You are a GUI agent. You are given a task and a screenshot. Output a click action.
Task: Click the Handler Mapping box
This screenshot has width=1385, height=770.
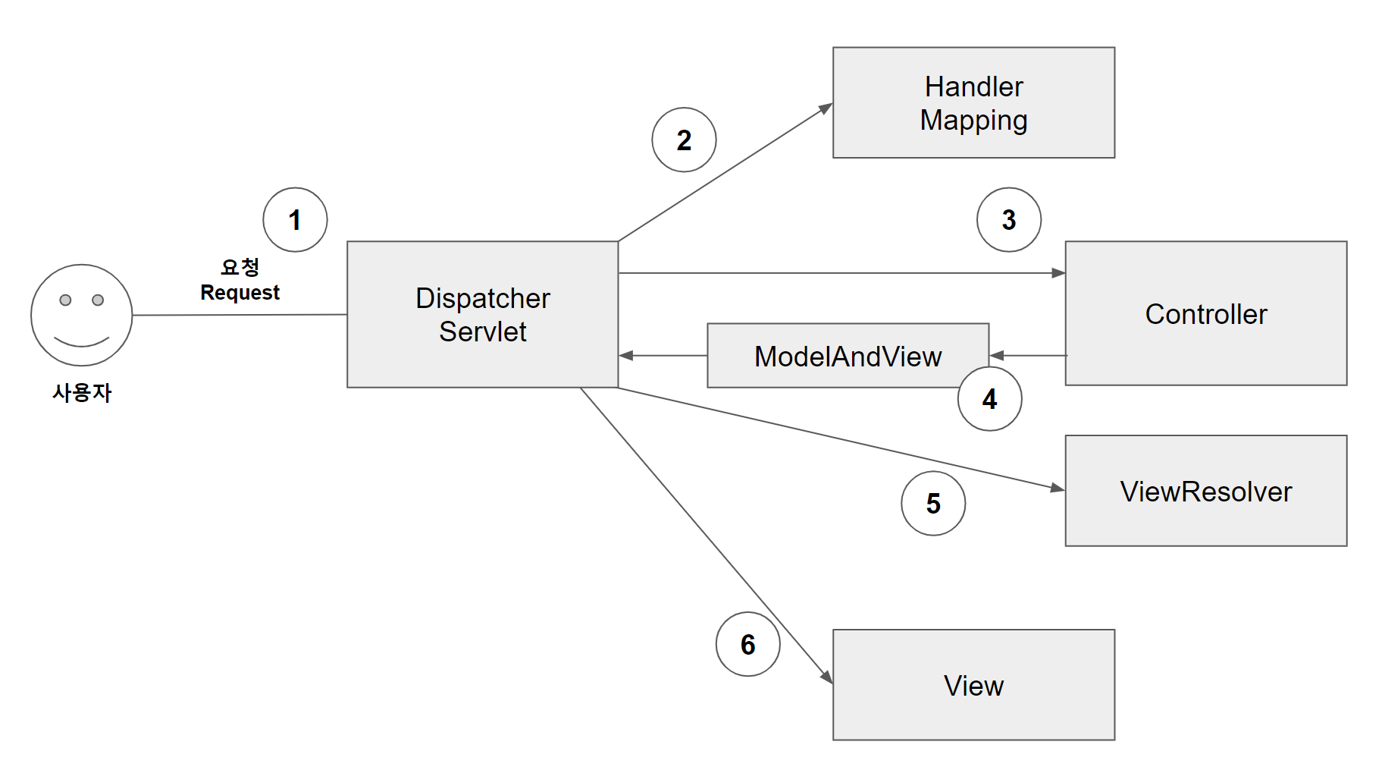tap(973, 103)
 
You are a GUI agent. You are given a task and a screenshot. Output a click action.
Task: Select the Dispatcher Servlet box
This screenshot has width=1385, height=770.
tap(482, 315)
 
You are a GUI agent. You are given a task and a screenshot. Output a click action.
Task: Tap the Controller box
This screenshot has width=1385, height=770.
tap(1205, 314)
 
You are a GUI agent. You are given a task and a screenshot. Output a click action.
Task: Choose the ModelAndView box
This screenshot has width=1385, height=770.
tap(847, 356)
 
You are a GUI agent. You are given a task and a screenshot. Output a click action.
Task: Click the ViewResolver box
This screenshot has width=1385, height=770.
tap(1205, 492)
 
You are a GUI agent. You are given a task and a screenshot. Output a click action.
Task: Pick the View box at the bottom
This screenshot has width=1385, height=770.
tap(973, 685)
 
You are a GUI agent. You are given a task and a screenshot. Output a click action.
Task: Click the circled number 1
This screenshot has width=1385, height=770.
tap(295, 220)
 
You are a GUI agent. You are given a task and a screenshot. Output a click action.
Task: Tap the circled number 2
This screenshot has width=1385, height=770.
tap(684, 140)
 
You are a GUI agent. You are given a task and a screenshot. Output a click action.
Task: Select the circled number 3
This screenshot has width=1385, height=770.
tap(1008, 220)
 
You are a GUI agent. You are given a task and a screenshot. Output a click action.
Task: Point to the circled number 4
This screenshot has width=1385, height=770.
tap(989, 399)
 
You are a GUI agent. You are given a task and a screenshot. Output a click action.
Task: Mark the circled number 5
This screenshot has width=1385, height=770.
tap(933, 504)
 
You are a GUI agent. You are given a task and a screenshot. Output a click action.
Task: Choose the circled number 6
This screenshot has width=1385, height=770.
tap(747, 645)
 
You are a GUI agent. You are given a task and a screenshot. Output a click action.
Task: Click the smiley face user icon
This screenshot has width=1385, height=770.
tap(82, 316)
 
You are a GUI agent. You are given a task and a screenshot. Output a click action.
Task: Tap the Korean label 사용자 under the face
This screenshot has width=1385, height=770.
tap(82, 393)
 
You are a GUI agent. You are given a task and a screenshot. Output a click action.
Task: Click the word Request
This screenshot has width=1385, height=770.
tap(240, 293)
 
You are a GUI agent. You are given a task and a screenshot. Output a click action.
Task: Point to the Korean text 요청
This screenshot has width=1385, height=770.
tap(240, 267)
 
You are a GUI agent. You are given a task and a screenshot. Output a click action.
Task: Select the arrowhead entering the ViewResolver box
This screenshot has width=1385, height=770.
tap(1058, 488)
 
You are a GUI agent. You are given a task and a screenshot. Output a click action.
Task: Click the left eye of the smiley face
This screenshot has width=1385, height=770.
tap(66, 300)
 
